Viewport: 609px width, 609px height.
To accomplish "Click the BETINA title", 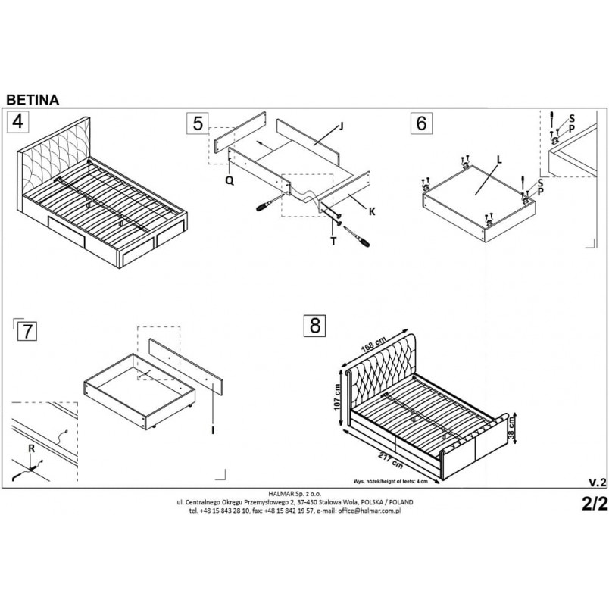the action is (33, 100).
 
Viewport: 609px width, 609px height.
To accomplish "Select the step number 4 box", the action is (18, 121).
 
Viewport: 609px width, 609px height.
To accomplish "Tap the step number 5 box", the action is (198, 123).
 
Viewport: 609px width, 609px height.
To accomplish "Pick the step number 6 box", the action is (421, 123).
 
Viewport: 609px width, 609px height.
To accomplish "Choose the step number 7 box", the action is (27, 332).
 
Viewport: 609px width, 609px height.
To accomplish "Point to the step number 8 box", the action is (315, 325).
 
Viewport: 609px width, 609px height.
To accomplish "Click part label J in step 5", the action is (341, 126).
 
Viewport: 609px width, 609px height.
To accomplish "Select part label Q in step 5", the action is (230, 180).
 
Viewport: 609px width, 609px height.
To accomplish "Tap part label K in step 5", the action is (372, 211).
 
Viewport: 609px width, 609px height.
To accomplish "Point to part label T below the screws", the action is (333, 241).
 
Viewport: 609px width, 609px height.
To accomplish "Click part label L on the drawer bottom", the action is (499, 160).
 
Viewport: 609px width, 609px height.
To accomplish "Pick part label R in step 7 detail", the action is (32, 448).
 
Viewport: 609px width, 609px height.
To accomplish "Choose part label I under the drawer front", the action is (213, 430).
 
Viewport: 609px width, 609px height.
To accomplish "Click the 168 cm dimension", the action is (373, 344).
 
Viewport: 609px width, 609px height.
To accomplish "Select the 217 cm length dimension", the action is (391, 460).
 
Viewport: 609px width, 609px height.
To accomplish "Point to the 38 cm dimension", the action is (512, 429).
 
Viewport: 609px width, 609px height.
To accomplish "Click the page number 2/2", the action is (595, 504).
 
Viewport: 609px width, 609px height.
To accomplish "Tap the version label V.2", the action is (597, 483).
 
